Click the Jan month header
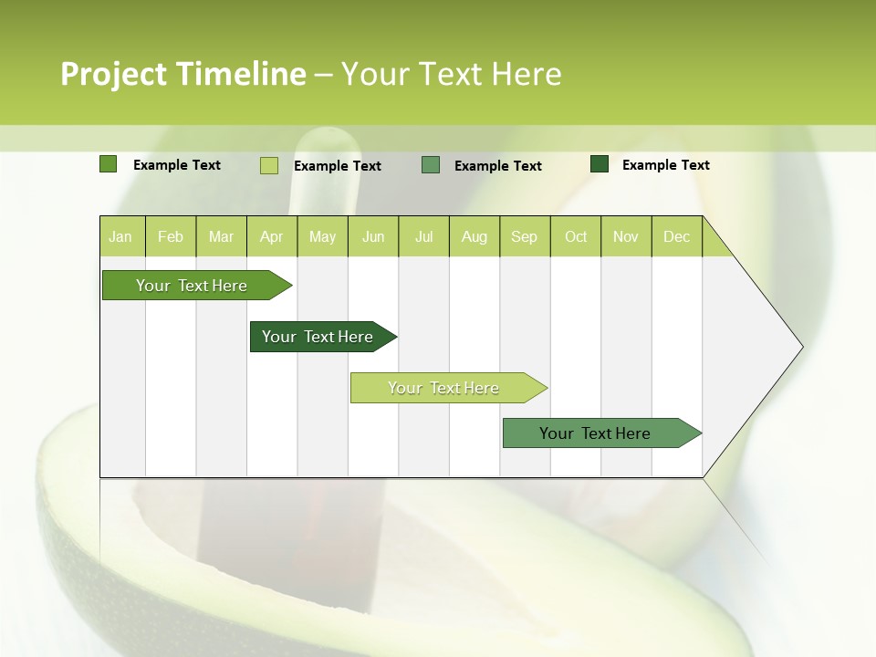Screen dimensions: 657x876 pyautogui.click(x=120, y=236)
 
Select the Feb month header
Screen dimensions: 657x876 pyautogui.click(x=171, y=236)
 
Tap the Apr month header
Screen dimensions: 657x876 pyautogui.click(x=271, y=236)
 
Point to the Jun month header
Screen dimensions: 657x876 pyautogui.click(x=373, y=236)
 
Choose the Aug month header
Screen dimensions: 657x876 pyautogui.click(x=474, y=236)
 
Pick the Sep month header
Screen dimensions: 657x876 pyautogui.click(x=525, y=236)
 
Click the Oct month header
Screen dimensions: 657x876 pyautogui.click(x=576, y=236)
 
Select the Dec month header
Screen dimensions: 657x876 pyautogui.click(x=677, y=236)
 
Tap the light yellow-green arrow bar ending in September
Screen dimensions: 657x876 pyautogui.click(x=444, y=388)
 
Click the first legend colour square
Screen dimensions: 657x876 pyautogui.click(x=109, y=164)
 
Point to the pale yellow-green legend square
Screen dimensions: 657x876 pyautogui.click(x=269, y=165)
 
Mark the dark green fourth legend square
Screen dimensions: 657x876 pyautogui.click(x=600, y=164)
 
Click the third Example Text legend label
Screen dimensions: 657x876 pyautogui.click(x=497, y=166)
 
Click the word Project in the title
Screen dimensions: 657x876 pyautogui.click(x=114, y=74)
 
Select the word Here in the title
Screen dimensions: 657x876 pyautogui.click(x=527, y=74)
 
